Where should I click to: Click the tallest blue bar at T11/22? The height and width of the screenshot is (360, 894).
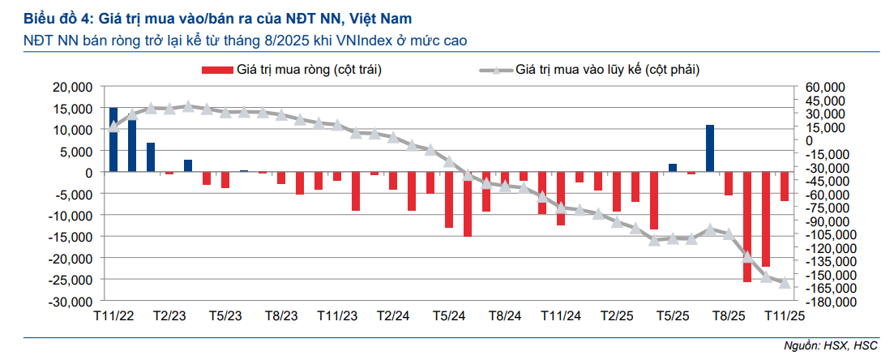click(113, 139)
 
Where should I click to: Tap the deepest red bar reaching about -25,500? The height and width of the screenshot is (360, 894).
click(747, 227)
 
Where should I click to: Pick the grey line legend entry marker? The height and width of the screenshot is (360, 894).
click(495, 71)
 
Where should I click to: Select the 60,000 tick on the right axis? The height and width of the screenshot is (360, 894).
click(819, 87)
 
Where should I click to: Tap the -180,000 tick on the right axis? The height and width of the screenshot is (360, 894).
click(820, 301)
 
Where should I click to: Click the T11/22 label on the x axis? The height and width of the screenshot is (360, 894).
click(113, 315)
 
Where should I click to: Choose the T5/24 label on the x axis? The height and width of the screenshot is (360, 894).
click(449, 315)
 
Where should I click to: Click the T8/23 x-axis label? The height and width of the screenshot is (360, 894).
click(281, 315)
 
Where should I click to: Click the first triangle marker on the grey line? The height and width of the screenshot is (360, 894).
click(113, 127)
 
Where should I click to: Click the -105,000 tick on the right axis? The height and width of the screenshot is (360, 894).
click(820, 234)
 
